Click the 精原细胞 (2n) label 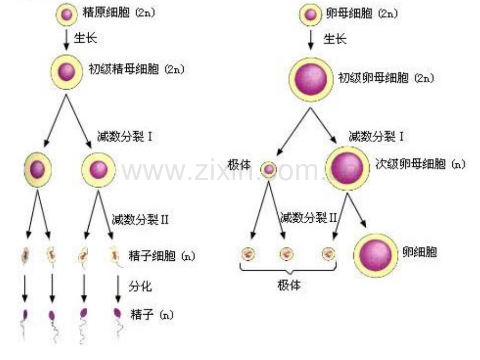pos(119,13)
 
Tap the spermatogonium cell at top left pos(67,14)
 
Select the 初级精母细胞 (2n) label pos(137,69)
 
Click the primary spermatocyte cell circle pos(66,72)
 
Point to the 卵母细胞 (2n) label pos(362,14)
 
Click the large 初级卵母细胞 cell pos(311,79)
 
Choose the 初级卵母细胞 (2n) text pos(386,78)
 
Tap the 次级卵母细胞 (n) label pos(420,164)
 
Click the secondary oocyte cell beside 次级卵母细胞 pos(347,169)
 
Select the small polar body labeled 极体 pos(269,169)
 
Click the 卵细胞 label pos(419,252)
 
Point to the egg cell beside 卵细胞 pos(376,255)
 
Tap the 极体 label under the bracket pos(289,285)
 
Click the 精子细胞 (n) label pos(162,256)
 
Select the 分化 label pos(140,286)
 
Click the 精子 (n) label pos(152,315)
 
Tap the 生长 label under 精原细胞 pos(86,38)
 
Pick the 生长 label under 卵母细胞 pos(335,39)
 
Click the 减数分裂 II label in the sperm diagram pos(140,219)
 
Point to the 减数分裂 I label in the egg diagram pos(376,136)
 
